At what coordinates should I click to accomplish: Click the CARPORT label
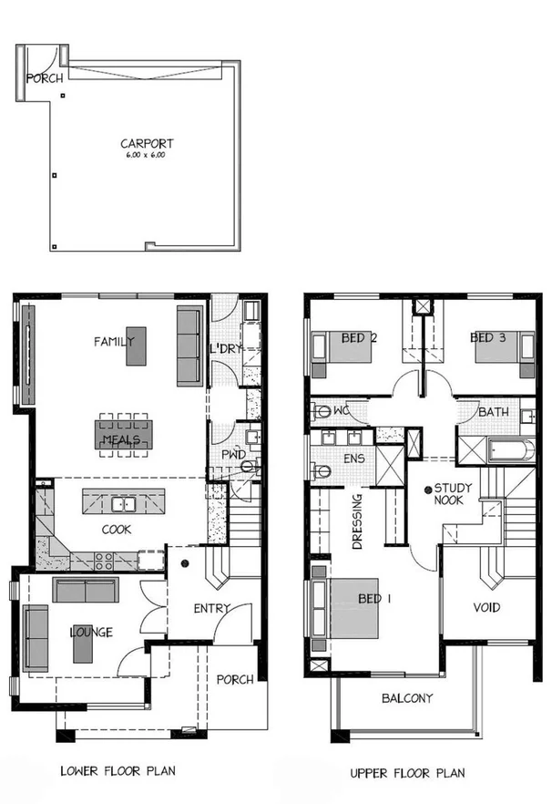point(147,143)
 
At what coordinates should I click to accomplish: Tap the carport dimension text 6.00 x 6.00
point(147,156)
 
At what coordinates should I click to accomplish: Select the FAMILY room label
point(114,342)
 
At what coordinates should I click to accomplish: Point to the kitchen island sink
point(124,504)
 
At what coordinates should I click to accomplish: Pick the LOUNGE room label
point(90,633)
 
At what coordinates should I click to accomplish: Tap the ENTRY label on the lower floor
point(211,609)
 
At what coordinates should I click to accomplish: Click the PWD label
point(232,455)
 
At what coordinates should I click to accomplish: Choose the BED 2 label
point(359,338)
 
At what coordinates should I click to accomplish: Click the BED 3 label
point(487,338)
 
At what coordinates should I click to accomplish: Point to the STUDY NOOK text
point(452,494)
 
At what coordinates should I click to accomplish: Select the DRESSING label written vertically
point(357,522)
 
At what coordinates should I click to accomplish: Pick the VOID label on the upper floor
point(486,608)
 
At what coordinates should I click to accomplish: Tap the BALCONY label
point(406,699)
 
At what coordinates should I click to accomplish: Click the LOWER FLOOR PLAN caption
point(118,771)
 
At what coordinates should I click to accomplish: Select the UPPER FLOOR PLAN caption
point(407,773)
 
